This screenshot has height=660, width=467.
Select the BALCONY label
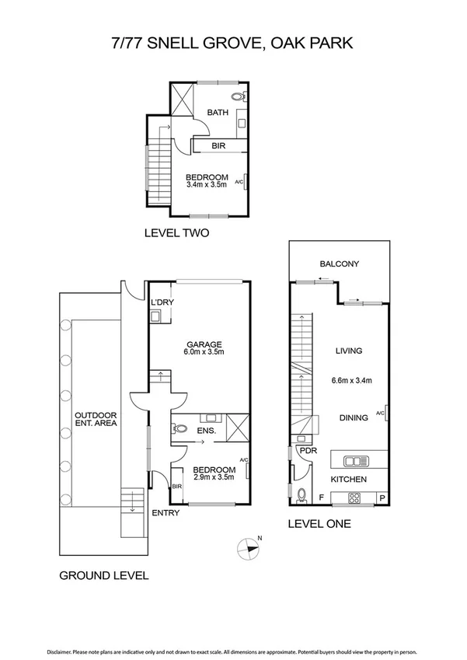pos(339,264)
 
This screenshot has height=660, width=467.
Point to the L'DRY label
pos(161,302)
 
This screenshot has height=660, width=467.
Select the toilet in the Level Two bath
pos(242,97)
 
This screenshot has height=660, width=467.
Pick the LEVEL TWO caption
pos(176,232)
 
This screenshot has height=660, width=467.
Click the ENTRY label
pos(166,512)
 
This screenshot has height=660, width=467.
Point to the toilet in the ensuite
pos(181,428)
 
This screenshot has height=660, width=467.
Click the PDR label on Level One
pos(307,450)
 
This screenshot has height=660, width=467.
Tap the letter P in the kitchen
pos(381,497)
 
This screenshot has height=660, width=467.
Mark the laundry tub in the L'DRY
pos(156,316)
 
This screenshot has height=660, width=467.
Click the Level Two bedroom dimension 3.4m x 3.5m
pos(207,185)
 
